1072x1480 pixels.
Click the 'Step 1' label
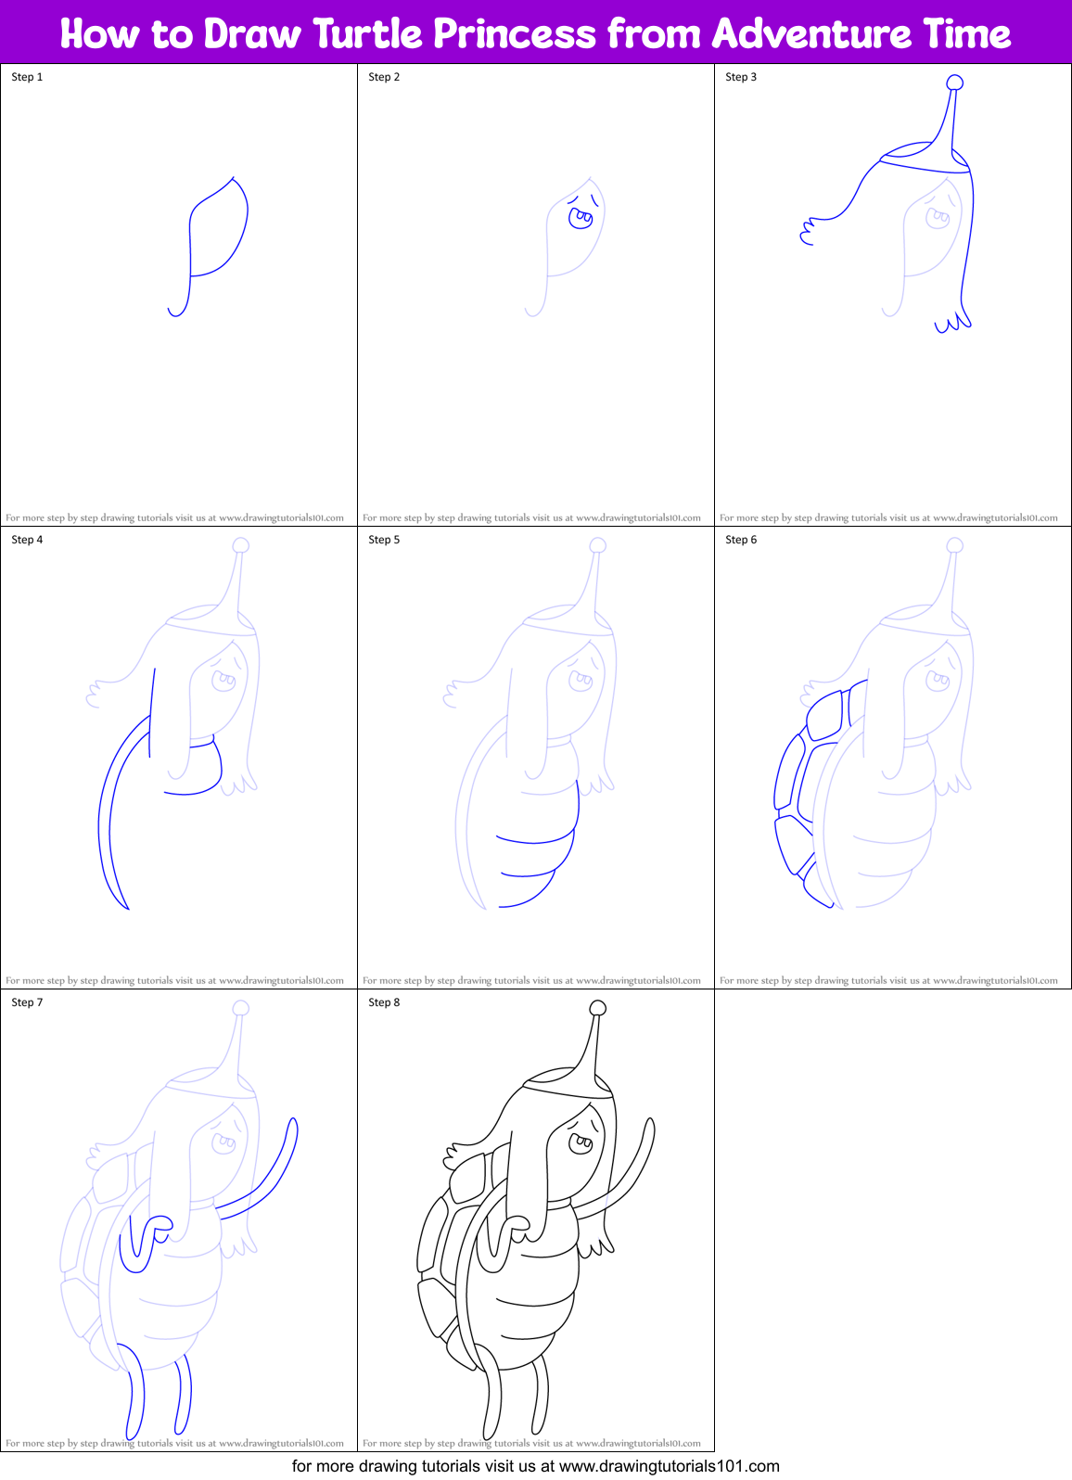[27, 77]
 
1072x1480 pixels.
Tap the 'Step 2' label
[384, 77]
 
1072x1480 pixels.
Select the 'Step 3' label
[741, 77]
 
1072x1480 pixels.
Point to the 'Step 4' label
[27, 540]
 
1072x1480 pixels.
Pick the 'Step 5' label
[384, 540]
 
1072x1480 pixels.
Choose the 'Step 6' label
[741, 540]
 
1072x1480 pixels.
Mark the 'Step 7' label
[27, 1002]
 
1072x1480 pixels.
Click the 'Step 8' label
[384, 1002]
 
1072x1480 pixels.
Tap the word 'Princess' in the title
[516, 34]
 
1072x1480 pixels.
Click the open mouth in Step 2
[581, 219]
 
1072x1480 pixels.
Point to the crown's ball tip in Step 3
[954, 83]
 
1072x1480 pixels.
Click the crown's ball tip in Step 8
[598, 1008]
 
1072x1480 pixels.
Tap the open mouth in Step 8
[581, 1143]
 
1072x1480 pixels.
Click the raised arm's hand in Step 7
[293, 1127]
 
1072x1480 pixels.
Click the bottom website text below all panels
[535, 1466]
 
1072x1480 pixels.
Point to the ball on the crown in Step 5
[598, 545]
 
